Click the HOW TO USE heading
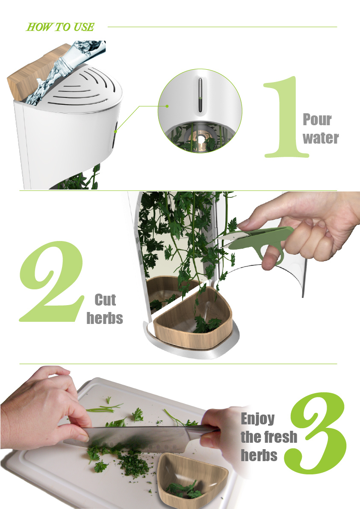click(60, 27)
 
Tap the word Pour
click(317, 120)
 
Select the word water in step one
click(321, 138)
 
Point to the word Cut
click(105, 300)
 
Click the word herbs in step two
click(105, 318)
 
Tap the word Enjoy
click(258, 418)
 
